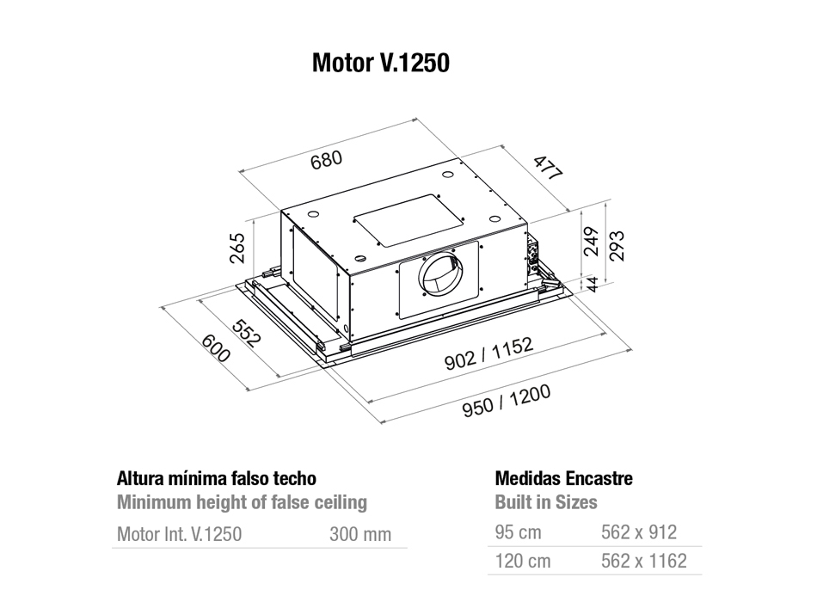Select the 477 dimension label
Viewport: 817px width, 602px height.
[x=546, y=167]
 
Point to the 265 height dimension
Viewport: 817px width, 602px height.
[x=238, y=248]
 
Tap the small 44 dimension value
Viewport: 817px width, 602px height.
[x=592, y=285]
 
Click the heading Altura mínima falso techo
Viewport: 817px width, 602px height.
[x=216, y=478]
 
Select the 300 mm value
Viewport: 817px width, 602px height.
[x=360, y=534]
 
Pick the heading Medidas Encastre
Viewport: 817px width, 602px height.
[x=564, y=478]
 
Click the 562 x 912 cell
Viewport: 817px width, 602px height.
[x=639, y=532]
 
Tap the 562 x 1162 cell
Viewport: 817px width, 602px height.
[x=644, y=562]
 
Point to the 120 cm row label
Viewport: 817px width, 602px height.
[x=523, y=562]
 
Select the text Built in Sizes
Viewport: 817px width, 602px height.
[x=546, y=502]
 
